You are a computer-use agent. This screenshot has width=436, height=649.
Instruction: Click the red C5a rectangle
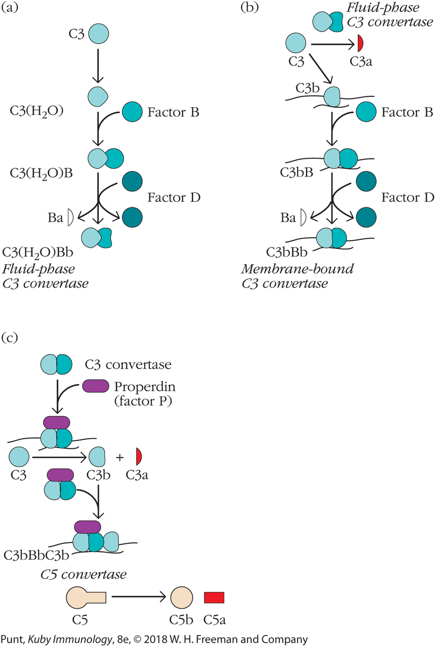pyautogui.click(x=214, y=598)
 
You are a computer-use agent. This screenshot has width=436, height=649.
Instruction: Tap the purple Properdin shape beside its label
pyautogui.click(x=95, y=386)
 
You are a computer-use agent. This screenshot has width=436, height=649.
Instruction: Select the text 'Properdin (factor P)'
pyautogui.click(x=143, y=392)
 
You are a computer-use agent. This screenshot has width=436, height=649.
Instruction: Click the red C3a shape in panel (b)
pyautogui.click(x=360, y=43)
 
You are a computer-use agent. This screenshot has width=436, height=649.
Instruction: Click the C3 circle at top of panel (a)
pyautogui.click(x=98, y=35)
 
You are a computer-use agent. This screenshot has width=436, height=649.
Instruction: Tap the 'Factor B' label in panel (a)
pyautogui.click(x=173, y=113)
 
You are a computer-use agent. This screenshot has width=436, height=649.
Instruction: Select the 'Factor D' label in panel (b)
pyautogui.click(x=408, y=197)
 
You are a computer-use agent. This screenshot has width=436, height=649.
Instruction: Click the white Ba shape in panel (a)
pyautogui.click(x=70, y=218)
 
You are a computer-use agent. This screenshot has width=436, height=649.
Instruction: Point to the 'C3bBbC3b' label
pyautogui.click(x=36, y=553)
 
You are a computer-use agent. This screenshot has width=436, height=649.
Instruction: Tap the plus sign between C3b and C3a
pyautogui.click(x=120, y=457)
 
